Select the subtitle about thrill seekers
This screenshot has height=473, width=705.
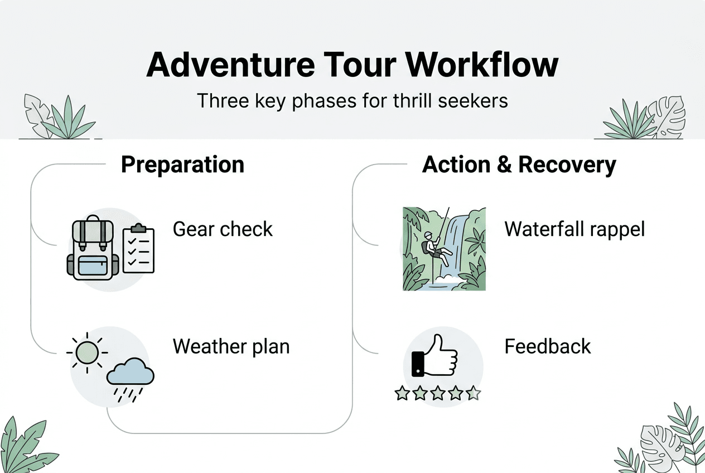[352, 100]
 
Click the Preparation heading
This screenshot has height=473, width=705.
[182, 165]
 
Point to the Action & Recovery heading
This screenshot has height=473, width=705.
[519, 165]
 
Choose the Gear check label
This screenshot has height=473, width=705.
[223, 229]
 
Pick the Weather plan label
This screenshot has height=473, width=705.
[231, 346]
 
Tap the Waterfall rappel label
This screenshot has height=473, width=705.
[574, 229]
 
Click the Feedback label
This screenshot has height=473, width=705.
[547, 346]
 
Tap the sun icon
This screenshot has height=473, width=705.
[87, 352]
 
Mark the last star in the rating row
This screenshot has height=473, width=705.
[473, 393]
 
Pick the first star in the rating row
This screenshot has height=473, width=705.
[402, 393]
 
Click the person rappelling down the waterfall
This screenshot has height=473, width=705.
[434, 248]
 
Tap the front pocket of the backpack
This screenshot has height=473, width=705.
[93, 264]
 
